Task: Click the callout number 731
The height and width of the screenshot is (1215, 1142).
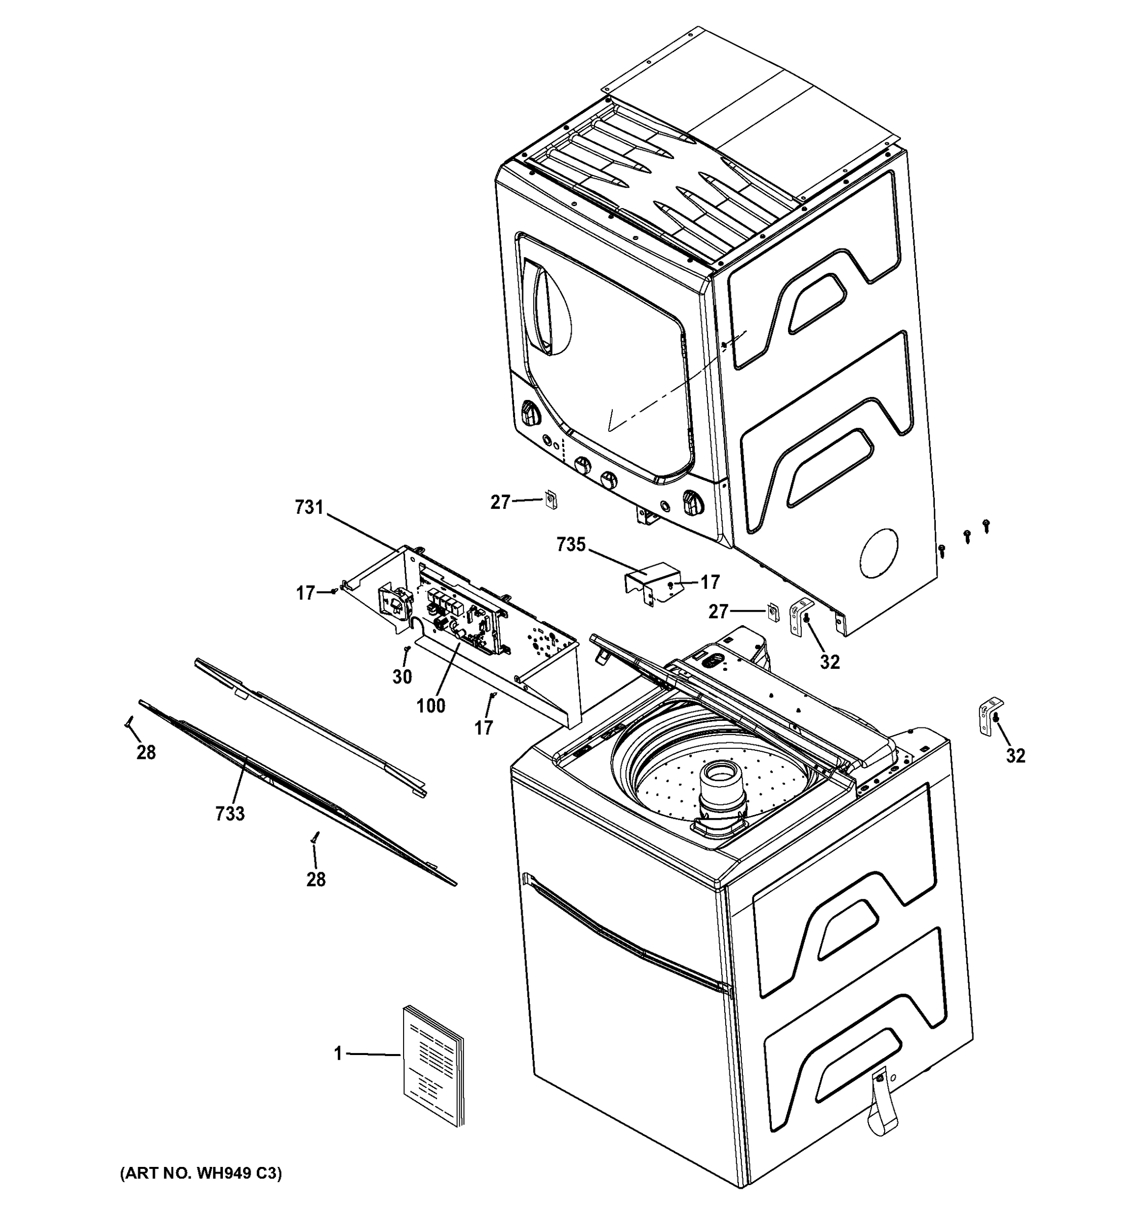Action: (x=309, y=507)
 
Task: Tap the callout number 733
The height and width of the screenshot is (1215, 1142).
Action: (x=230, y=814)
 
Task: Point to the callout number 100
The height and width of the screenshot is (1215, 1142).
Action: (x=431, y=706)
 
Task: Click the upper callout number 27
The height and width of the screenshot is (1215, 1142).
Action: (x=500, y=502)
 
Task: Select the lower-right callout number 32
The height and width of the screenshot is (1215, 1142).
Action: (x=1015, y=756)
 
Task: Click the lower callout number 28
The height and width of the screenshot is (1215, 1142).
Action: (x=316, y=879)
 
